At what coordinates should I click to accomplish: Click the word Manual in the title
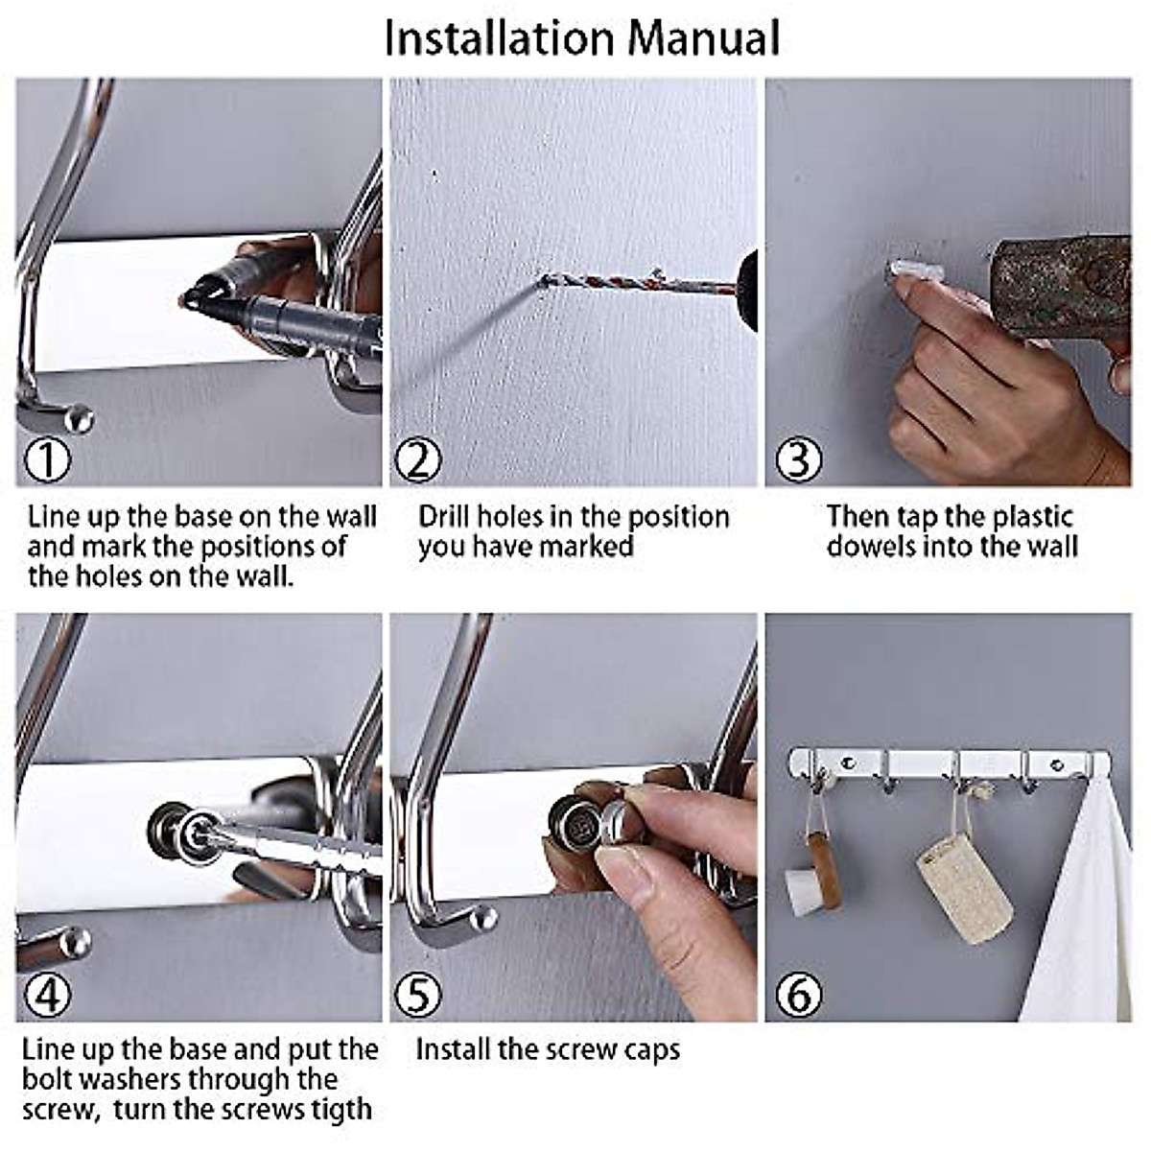(705, 38)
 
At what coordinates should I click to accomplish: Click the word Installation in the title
(500, 38)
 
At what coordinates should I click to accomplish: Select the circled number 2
(418, 460)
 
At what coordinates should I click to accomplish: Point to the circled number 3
(799, 460)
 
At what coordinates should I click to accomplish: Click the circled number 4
(47, 995)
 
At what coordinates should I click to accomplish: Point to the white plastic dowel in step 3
(914, 270)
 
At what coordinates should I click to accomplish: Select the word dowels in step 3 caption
(869, 547)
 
